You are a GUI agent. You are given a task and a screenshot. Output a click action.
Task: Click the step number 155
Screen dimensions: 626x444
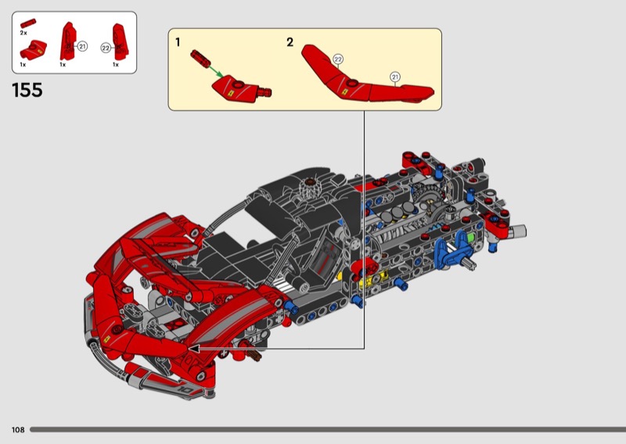tap(27, 90)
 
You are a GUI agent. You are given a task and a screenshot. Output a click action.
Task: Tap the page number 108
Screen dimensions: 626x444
tap(18, 430)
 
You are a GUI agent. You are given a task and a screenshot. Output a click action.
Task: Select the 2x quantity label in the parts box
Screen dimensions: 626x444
tap(23, 33)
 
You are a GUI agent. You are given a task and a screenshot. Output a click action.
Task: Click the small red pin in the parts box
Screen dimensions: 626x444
tap(28, 23)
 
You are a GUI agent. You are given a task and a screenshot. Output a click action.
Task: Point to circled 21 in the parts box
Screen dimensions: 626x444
tap(82, 46)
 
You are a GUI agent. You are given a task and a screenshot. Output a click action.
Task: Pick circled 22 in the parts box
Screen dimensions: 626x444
tap(106, 48)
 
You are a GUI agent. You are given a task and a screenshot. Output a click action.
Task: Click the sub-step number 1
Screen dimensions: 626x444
tap(178, 42)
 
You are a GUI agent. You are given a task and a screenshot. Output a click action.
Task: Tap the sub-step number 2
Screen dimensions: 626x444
tap(290, 42)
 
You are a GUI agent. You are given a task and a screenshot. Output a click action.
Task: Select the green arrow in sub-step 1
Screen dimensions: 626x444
tap(216, 70)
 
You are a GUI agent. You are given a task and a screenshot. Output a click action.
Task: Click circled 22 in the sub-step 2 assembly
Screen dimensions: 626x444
tap(338, 59)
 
